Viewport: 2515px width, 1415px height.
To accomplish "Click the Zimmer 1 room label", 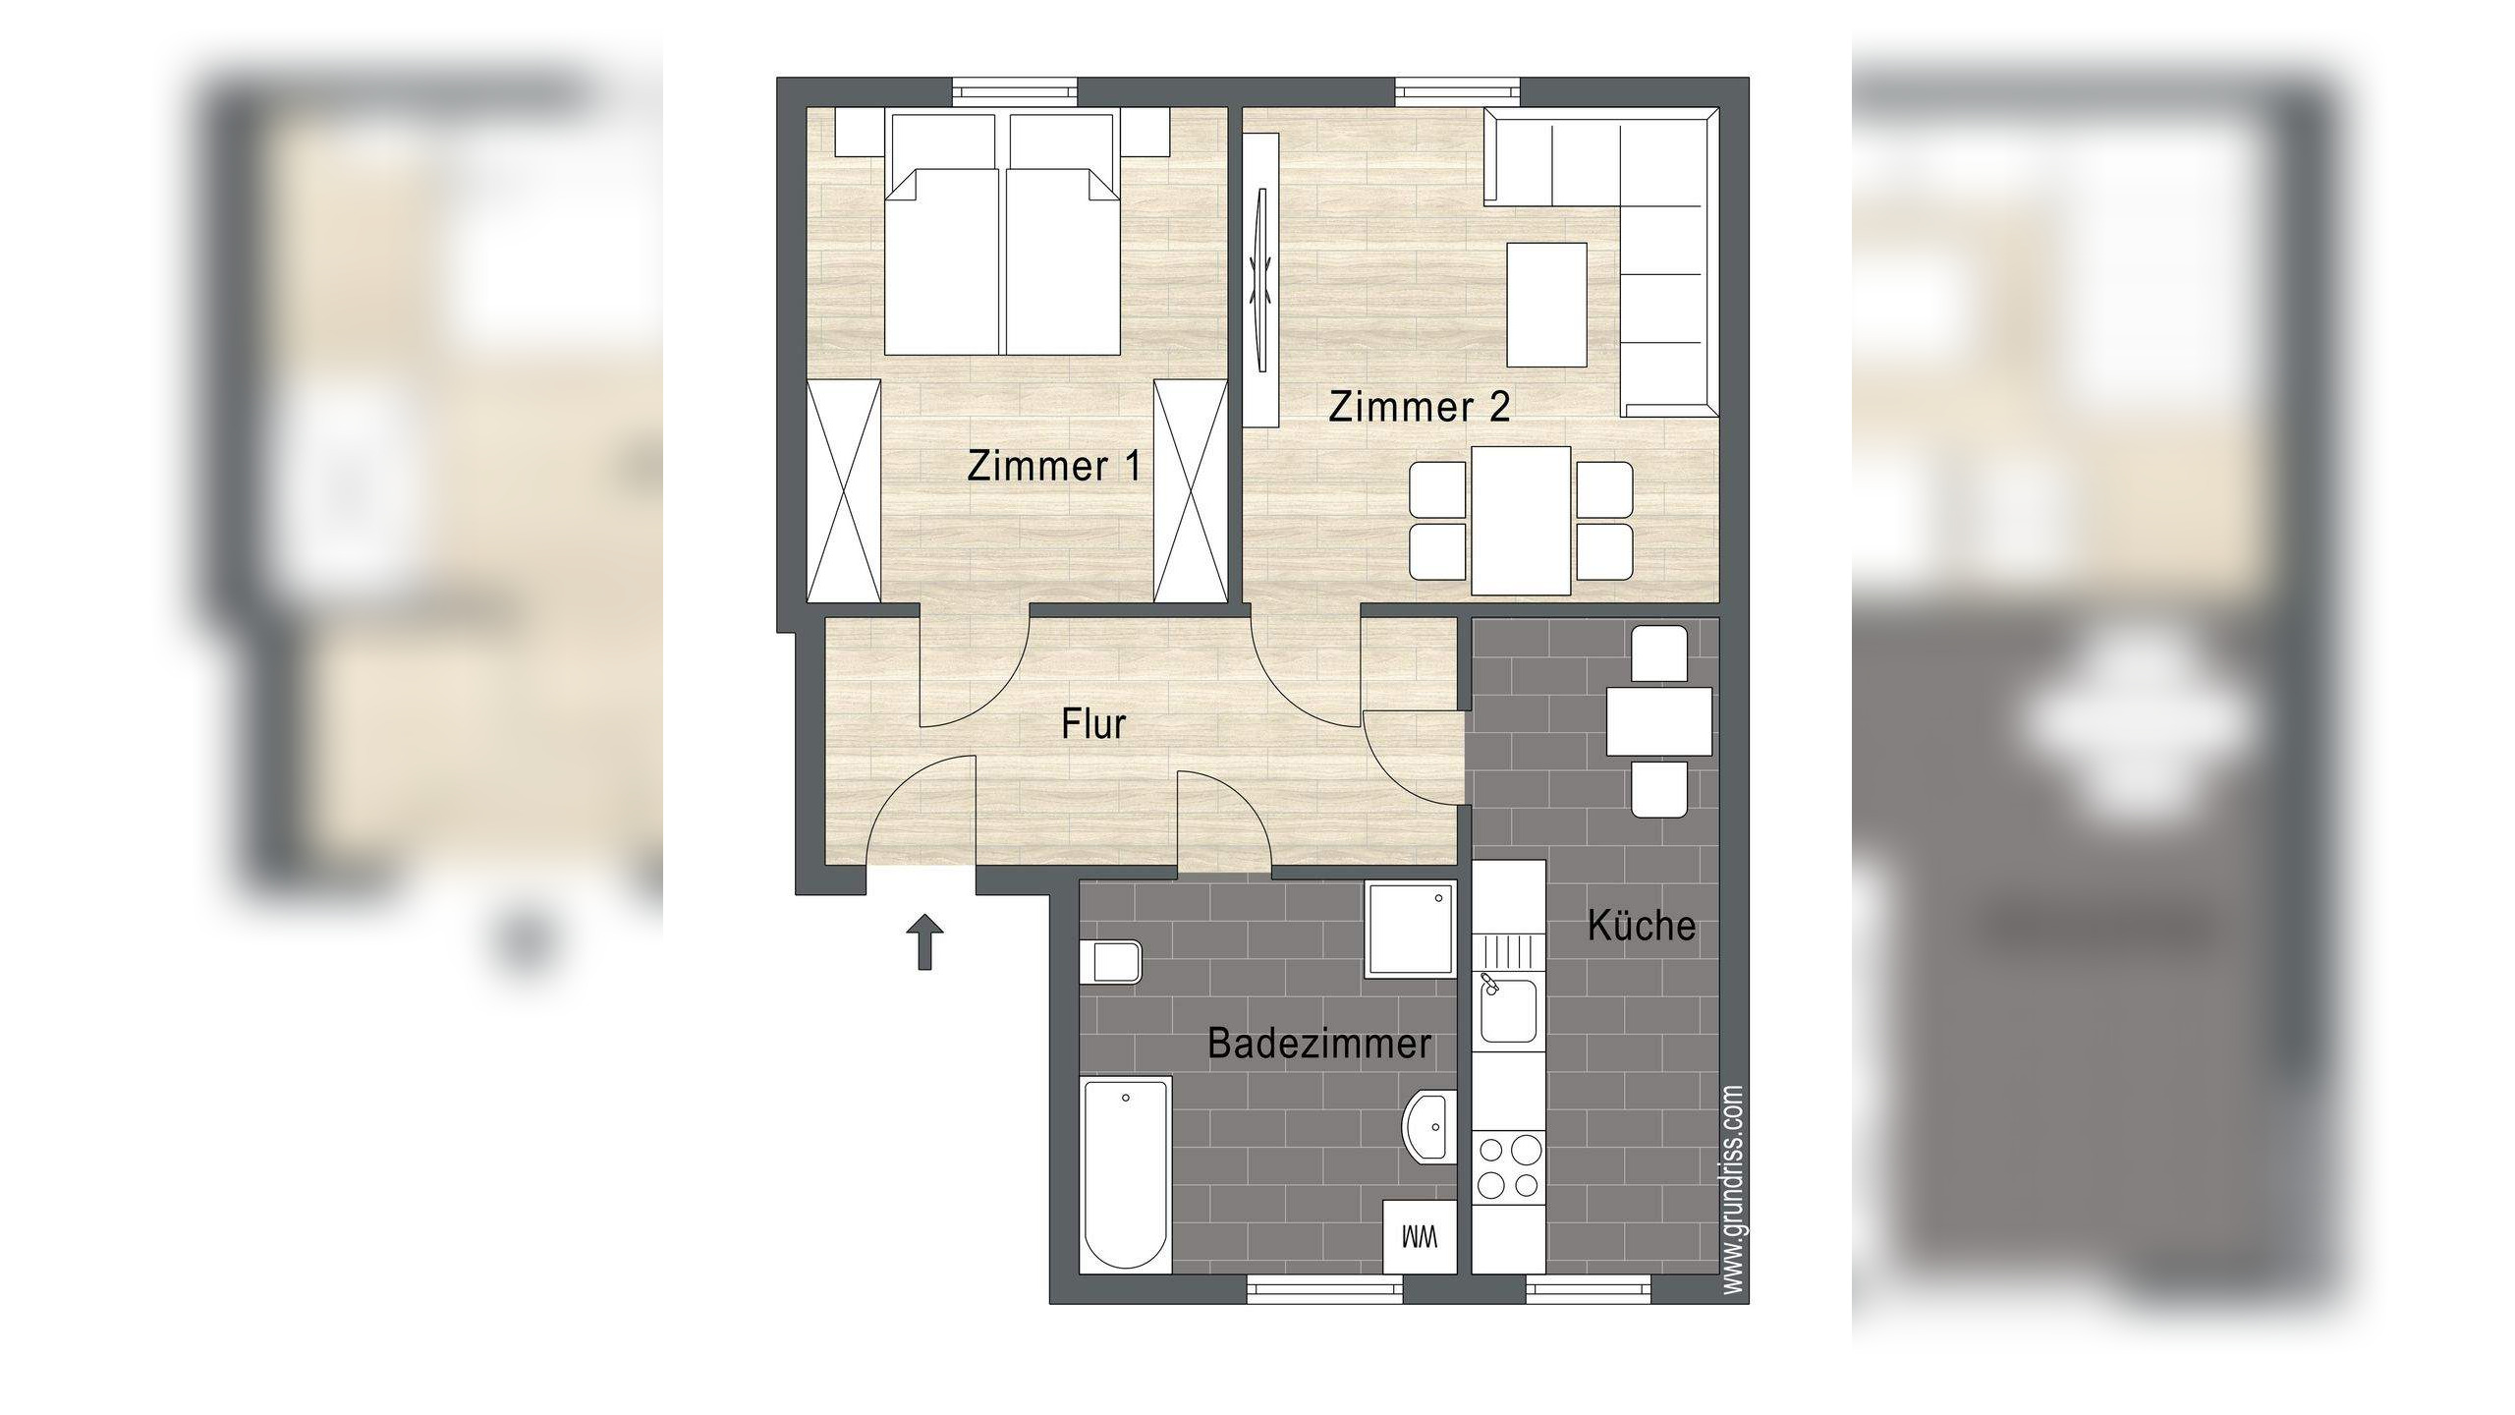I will (1054, 466).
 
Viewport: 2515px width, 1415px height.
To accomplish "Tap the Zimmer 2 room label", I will (1419, 406).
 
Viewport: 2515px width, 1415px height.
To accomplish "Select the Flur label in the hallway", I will (1092, 725).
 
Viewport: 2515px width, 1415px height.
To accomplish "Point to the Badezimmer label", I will (1318, 1044).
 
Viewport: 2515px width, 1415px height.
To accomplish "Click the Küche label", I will (1642, 926).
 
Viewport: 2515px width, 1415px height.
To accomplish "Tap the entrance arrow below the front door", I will (924, 940).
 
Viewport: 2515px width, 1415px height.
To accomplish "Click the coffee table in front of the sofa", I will (1547, 305).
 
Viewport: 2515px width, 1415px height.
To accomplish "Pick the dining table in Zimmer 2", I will (1521, 521).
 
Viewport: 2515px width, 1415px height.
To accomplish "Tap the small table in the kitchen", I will (1659, 721).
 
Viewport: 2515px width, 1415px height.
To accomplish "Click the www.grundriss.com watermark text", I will (1733, 1189).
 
